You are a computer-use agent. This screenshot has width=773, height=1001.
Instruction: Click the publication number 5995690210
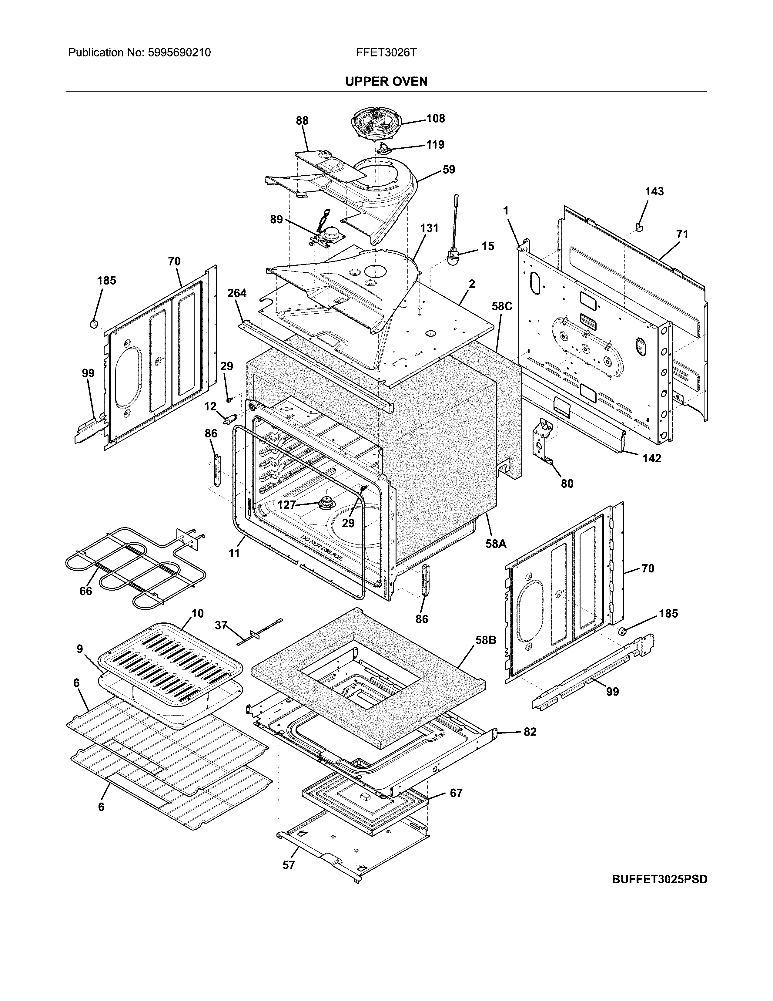coord(179,53)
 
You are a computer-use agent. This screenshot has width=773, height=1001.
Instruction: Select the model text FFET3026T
coord(386,53)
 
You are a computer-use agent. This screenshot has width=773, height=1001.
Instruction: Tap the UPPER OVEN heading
coord(386,82)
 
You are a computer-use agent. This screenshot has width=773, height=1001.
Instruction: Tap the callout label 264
coord(237,293)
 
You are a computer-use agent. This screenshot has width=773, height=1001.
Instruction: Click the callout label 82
coord(530,732)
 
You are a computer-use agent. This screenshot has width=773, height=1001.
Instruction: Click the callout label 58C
coord(502,306)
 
